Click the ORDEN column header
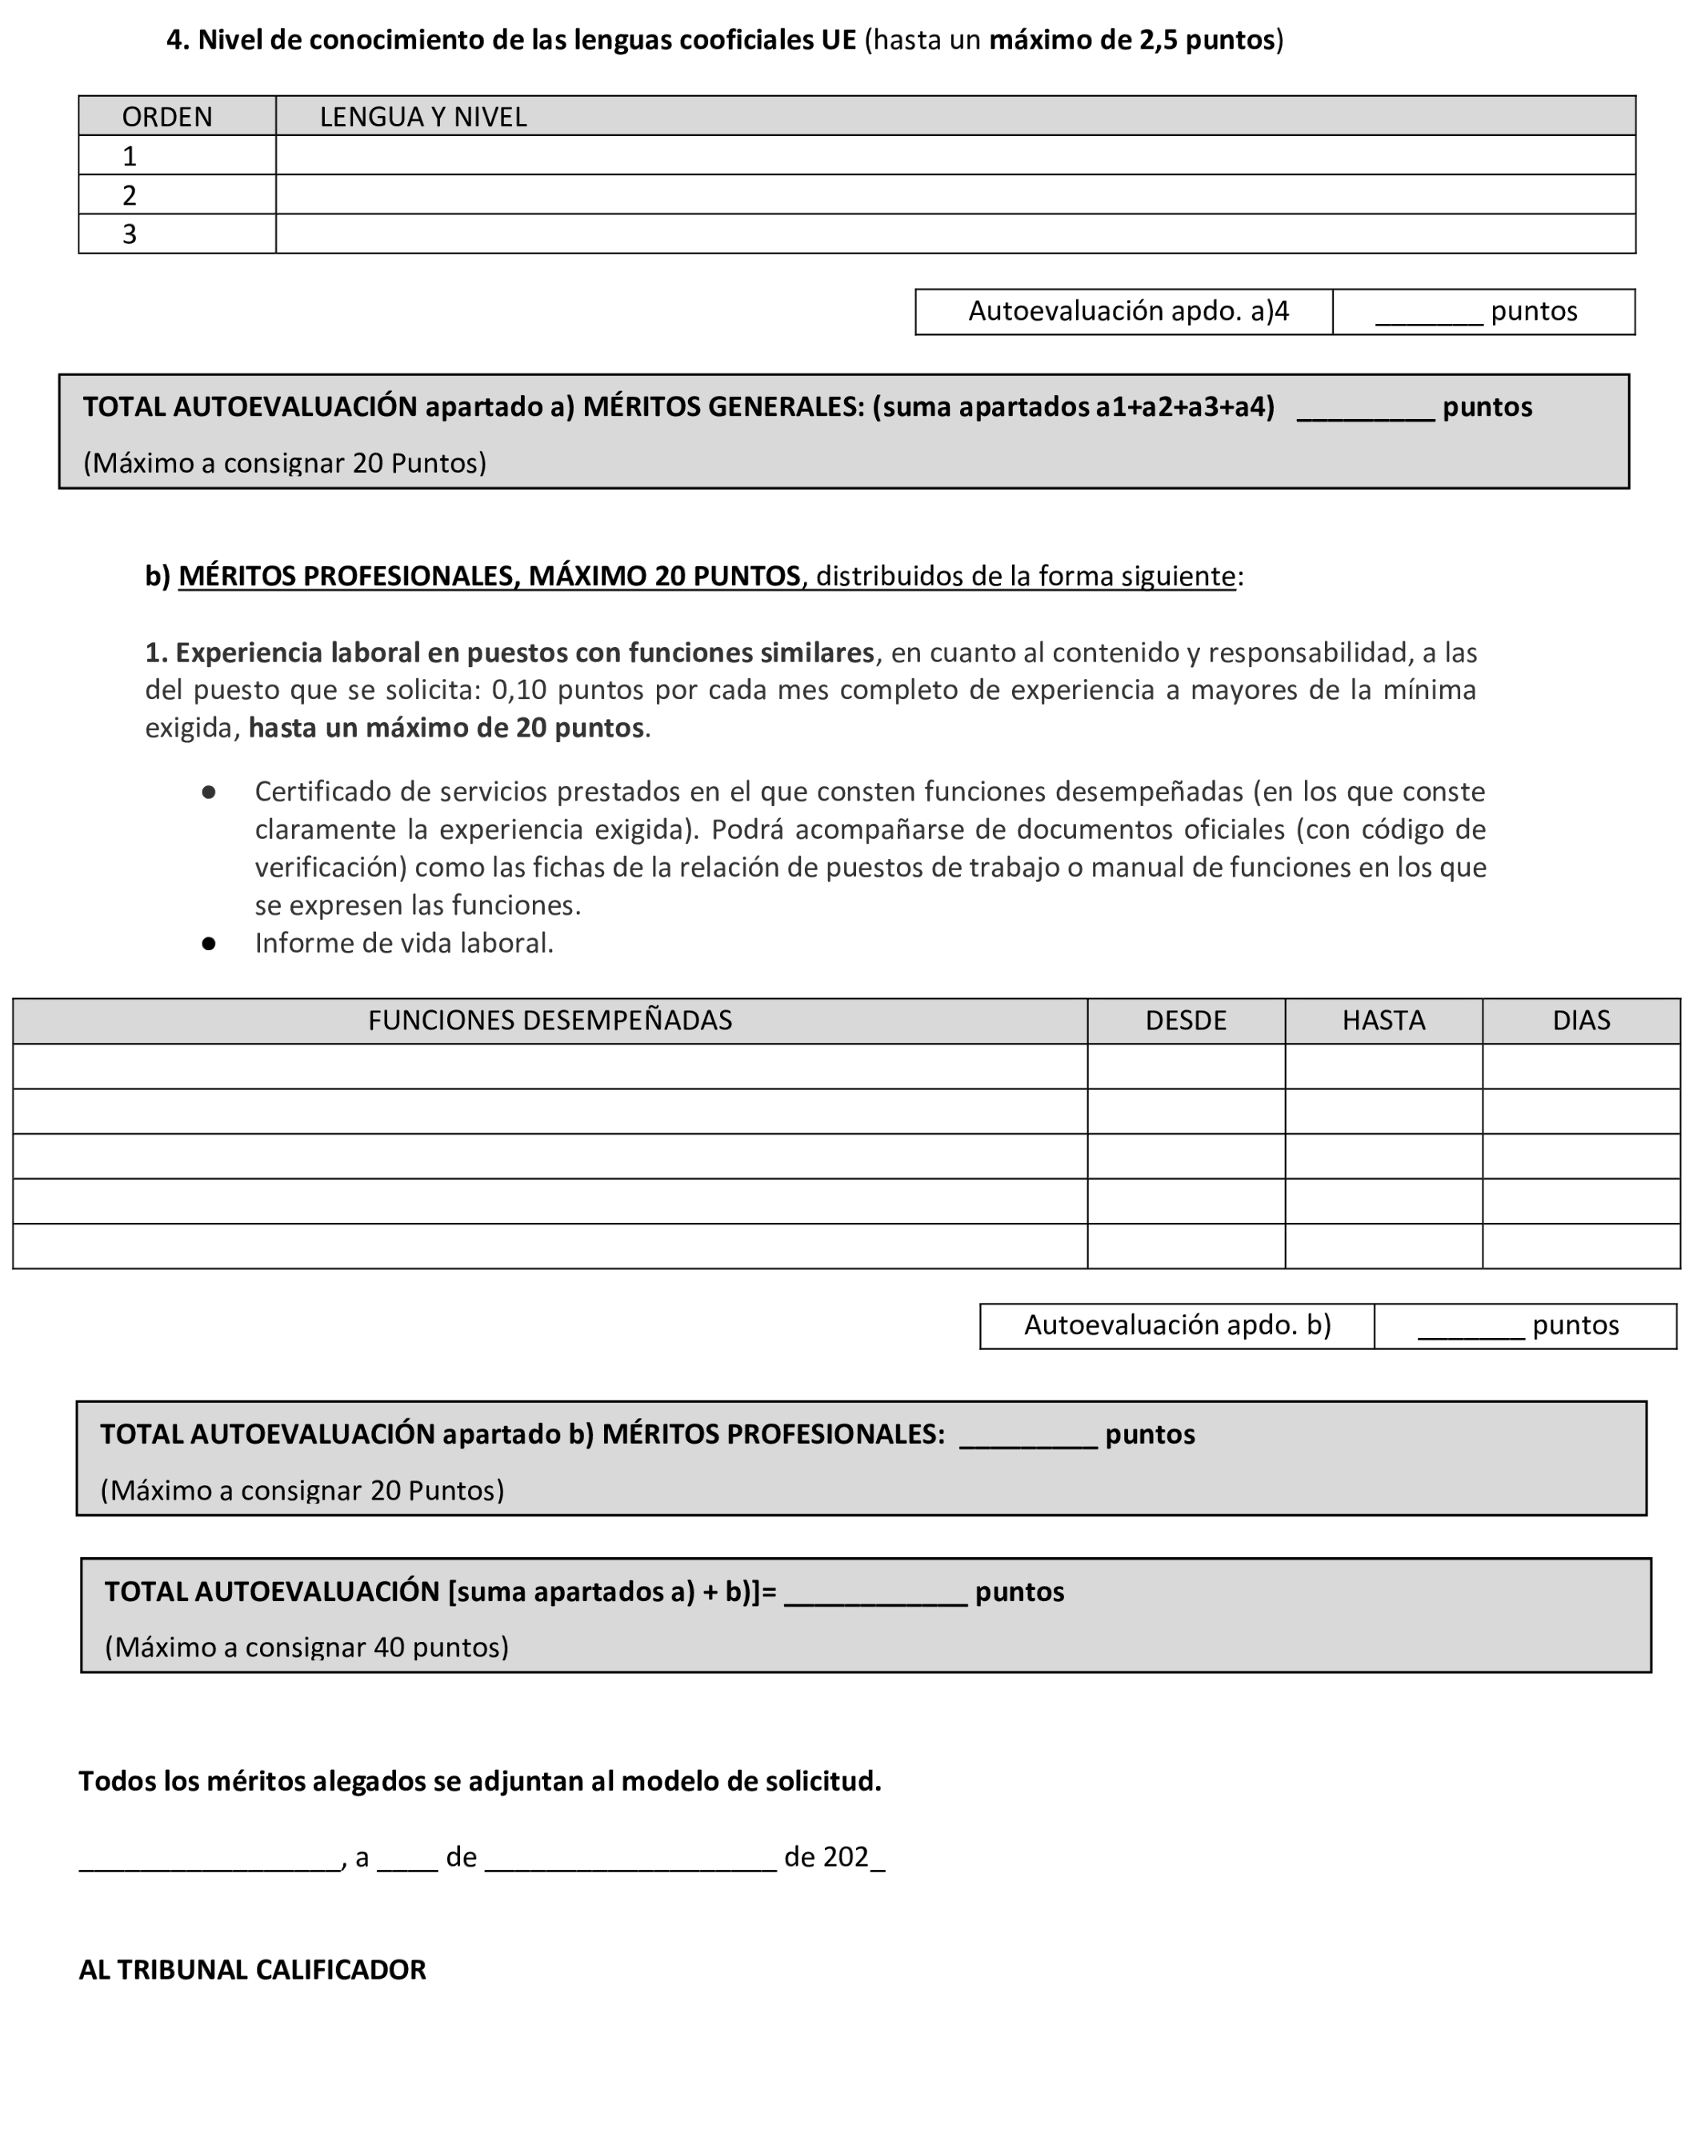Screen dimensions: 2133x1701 click(x=166, y=117)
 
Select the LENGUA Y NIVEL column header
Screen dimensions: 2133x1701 click(x=422, y=117)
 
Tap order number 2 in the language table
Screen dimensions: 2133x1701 click(x=130, y=195)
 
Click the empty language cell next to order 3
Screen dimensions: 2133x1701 click(x=954, y=234)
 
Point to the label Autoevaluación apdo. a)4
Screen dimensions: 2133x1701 click(x=1127, y=312)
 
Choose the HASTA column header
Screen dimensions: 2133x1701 click(x=1383, y=1020)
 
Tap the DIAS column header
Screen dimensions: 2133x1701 click(x=1580, y=1020)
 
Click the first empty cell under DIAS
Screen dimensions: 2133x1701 click(x=1580, y=1067)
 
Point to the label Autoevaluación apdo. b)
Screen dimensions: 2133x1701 click(x=1177, y=1324)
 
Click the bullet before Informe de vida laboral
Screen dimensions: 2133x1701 click(x=209, y=944)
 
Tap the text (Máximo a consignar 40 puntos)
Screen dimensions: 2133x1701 click(x=306, y=1648)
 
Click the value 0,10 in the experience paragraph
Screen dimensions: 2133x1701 click(x=517, y=689)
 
